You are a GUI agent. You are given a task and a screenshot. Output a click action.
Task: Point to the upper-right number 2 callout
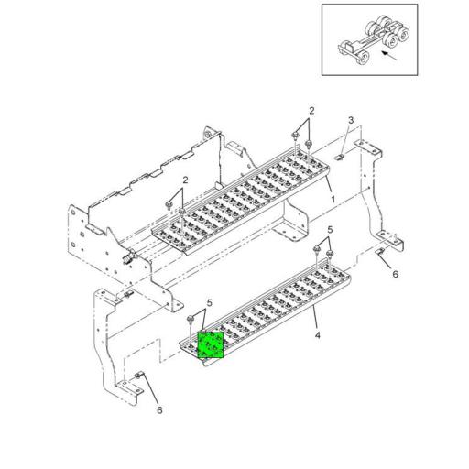pyautogui.click(x=311, y=110)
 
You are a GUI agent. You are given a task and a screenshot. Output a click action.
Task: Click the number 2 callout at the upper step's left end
pyautogui.click(x=185, y=180)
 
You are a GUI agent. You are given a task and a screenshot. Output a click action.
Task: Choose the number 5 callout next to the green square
pyautogui.click(x=210, y=302)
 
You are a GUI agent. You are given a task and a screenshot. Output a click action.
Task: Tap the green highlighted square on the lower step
pyautogui.click(x=211, y=346)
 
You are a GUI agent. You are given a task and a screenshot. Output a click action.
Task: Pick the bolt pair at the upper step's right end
pyautogui.click(x=301, y=142)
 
